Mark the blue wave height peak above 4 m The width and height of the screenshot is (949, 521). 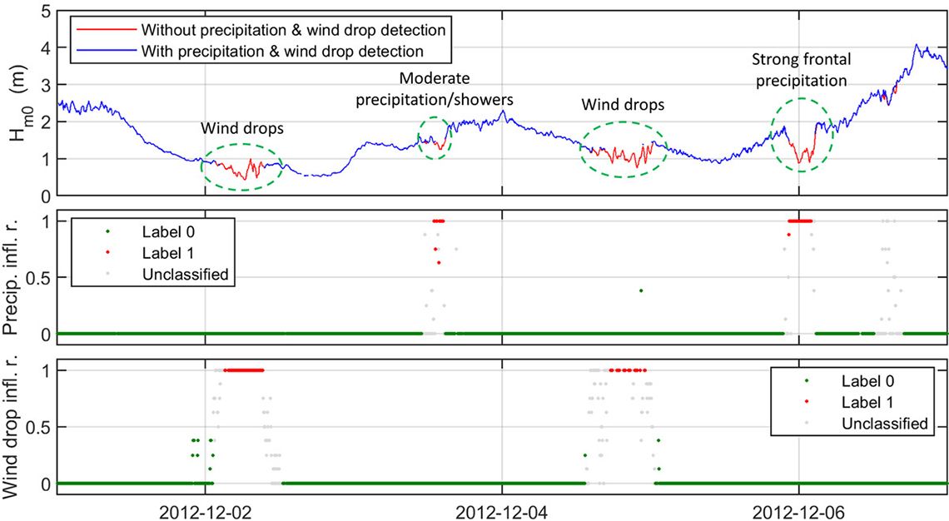point(917,45)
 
